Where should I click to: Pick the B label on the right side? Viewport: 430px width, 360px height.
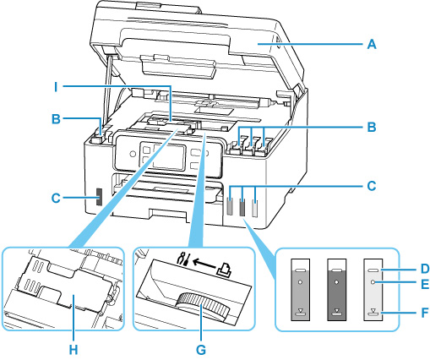371,131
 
